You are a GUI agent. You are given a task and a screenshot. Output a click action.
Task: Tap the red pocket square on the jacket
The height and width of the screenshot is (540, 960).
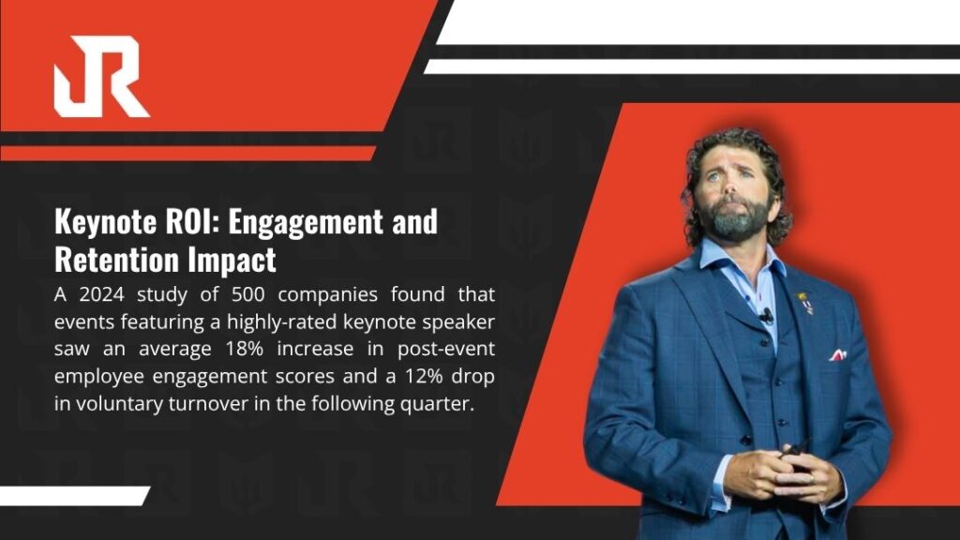[x=837, y=355]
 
